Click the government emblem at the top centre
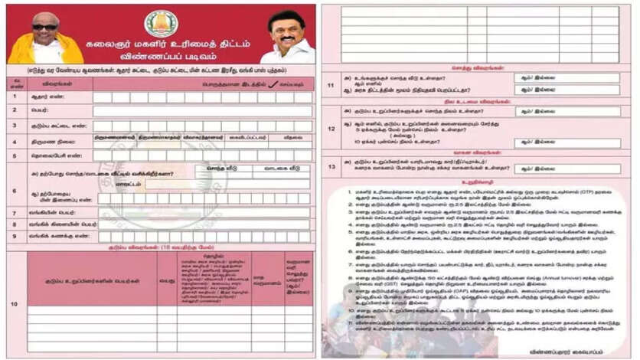click(162, 23)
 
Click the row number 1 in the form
click(15, 97)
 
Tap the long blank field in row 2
click(202, 111)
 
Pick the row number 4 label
click(15, 140)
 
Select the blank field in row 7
click(202, 212)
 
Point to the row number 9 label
click(15, 237)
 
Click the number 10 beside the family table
click(15, 304)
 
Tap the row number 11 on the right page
click(331, 83)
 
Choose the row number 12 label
click(331, 128)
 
